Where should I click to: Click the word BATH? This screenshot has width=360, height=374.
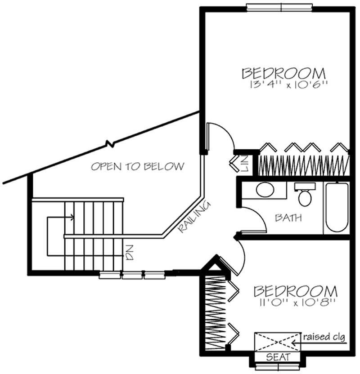coord(288,218)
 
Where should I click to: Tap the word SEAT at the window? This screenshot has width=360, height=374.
coord(278,357)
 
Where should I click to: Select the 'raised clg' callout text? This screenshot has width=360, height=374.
coord(325,337)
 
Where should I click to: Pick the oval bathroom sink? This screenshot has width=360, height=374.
coord(265,189)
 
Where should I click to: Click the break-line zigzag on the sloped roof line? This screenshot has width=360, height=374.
coord(109,144)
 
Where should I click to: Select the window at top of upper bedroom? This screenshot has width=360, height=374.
coord(279,6)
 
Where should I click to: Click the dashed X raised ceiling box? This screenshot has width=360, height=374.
coord(276,341)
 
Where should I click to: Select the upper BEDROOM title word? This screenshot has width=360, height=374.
coord(283,73)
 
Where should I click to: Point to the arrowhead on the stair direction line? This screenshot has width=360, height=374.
coord(72,218)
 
